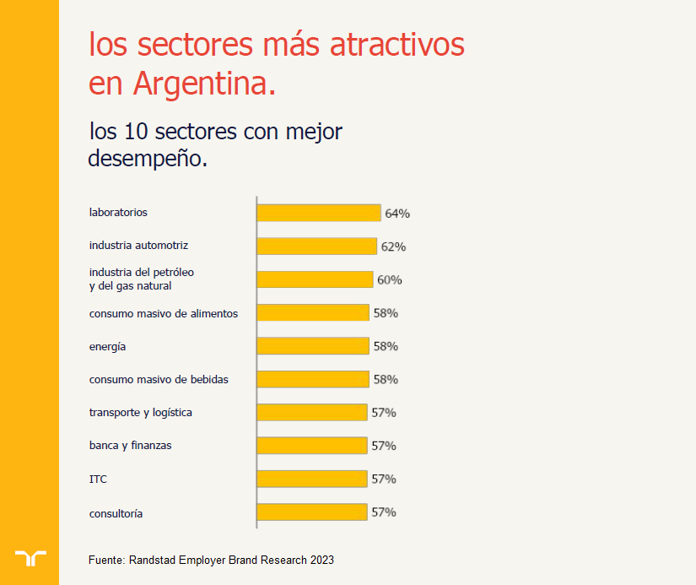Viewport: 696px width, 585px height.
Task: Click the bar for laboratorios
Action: pos(318,213)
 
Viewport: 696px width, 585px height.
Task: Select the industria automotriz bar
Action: pos(316,246)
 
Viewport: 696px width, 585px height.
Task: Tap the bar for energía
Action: pos(313,346)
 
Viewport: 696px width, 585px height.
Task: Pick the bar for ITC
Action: pos(312,479)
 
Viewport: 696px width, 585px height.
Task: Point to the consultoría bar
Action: pos(312,512)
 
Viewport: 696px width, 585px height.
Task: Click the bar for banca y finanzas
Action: pos(312,446)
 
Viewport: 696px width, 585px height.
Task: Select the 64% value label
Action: pos(397,214)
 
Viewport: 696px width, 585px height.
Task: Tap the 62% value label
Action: pos(393,246)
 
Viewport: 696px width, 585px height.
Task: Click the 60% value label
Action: pos(390,279)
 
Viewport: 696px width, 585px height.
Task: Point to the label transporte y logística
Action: pos(141,413)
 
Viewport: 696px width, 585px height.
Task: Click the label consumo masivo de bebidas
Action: pos(159,379)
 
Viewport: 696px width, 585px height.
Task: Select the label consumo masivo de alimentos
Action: pos(164,313)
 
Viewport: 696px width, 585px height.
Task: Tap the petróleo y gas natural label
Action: pos(142,279)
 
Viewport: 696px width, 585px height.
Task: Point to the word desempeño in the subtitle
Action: pos(147,158)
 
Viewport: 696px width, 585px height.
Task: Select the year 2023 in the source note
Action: pos(321,560)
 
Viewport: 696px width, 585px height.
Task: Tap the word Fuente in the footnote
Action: pos(107,560)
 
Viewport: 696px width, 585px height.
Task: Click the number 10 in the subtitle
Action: pos(135,133)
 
